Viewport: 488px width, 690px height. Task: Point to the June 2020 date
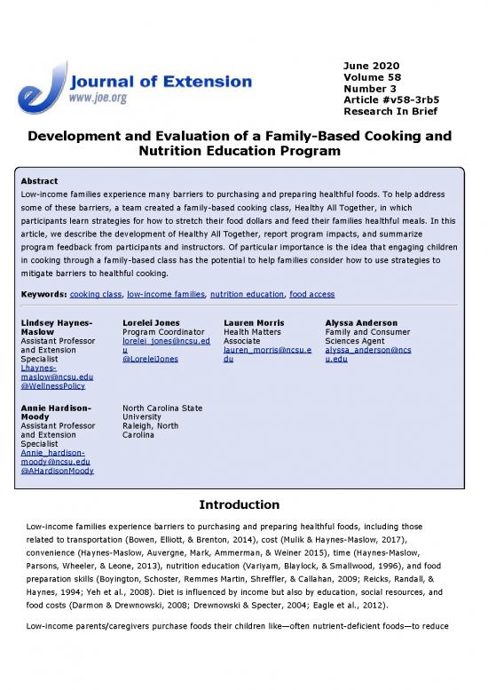pyautogui.click(x=371, y=66)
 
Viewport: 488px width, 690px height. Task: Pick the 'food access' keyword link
pyautogui.click(x=311, y=293)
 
